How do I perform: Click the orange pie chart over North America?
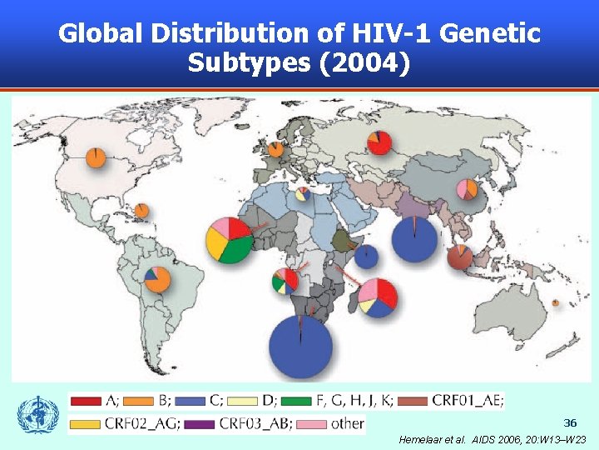click(x=97, y=157)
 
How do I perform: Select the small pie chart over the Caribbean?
click(x=141, y=211)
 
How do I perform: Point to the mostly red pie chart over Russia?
click(x=380, y=142)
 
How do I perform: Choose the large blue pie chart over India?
click(x=413, y=238)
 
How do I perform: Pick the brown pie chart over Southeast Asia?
click(x=460, y=257)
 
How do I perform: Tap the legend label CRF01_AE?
click(x=469, y=401)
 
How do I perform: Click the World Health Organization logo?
click(x=38, y=414)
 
